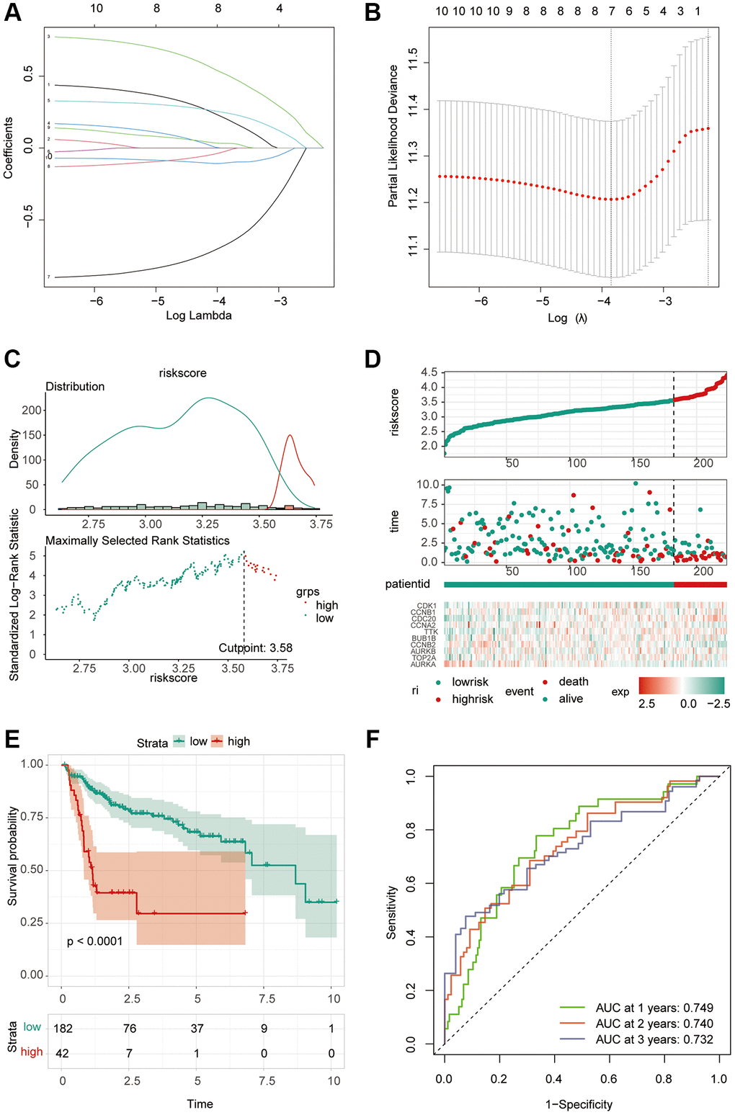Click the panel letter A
coord(13,12)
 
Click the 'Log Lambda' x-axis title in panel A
coord(199,315)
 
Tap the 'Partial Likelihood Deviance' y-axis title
coord(393,136)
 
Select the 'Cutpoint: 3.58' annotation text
coord(256,648)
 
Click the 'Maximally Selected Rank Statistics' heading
coord(138,540)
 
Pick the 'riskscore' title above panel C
coord(183,373)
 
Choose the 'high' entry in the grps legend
coord(326,605)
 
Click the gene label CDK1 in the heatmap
coord(427,606)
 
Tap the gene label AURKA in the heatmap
coord(424,664)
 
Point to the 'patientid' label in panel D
coord(408,584)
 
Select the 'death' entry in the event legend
coord(574,681)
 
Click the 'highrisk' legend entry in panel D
coord(473,699)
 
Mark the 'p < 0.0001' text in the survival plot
coord(95,941)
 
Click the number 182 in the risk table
coord(63,1029)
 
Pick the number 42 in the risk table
coord(63,1053)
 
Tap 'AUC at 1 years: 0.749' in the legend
coord(654,1008)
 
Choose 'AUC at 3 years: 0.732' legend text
coord(654,1039)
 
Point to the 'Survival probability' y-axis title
coord(13,856)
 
